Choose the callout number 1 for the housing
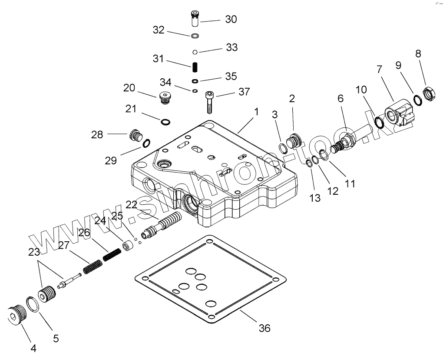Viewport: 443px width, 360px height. click(x=256, y=112)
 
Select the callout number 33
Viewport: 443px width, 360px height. click(x=232, y=47)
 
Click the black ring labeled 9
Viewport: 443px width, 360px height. click(x=417, y=100)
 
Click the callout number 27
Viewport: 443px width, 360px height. click(x=63, y=245)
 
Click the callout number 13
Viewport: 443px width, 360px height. click(x=315, y=198)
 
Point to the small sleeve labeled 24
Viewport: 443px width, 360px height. click(x=128, y=247)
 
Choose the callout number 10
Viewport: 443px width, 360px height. click(x=361, y=90)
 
